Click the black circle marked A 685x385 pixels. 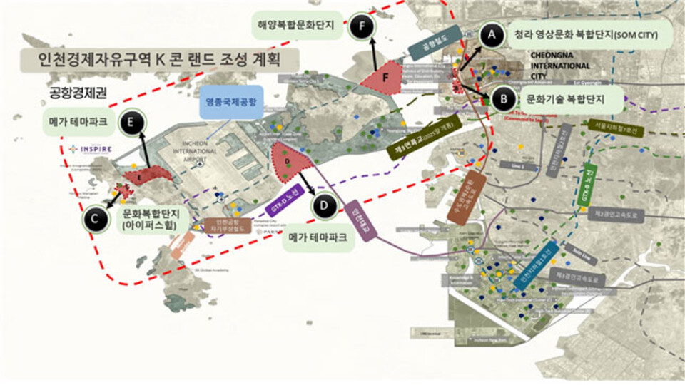pos(489,34)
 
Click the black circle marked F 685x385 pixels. pos(362,27)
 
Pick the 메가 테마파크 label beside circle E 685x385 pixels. pos(78,122)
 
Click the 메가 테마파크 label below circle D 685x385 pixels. pos(319,239)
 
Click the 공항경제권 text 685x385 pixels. pos(76,92)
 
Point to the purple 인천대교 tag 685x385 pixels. pos(357,222)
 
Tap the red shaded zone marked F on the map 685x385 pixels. pos(384,77)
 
